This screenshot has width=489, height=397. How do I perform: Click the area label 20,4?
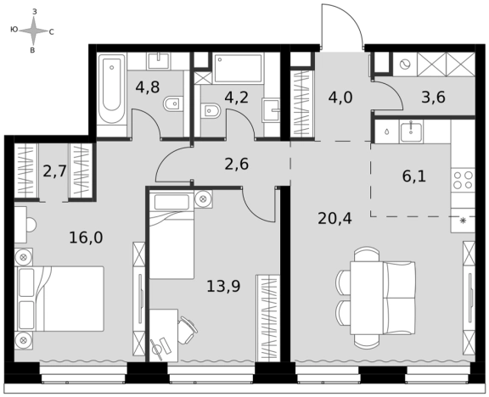pos(334,219)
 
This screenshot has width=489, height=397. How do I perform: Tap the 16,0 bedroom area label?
pos(86,238)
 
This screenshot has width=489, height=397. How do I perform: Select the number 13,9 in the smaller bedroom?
pos(223,287)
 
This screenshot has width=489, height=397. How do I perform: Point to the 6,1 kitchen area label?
pos(413,176)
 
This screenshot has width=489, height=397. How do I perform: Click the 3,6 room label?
pos(434,98)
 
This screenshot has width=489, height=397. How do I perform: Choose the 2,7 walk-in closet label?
pos(55,171)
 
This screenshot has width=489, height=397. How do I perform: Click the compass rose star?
pos(34,31)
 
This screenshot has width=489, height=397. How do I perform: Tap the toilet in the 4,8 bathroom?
pos(173,103)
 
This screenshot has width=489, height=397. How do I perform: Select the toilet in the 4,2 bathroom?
pos(211,110)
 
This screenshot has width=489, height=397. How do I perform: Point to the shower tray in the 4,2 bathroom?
pos(239,68)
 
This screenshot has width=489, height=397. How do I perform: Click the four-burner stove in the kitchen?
pos(463,180)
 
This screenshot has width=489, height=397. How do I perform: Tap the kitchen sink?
pos(411,131)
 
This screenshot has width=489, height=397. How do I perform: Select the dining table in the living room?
pos(367,298)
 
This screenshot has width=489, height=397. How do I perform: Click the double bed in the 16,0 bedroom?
pos(59,299)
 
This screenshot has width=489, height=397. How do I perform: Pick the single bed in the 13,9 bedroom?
pos(171,235)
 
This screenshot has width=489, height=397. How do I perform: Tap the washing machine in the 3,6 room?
pos(405,64)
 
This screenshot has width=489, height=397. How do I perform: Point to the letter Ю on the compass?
pos(14,30)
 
